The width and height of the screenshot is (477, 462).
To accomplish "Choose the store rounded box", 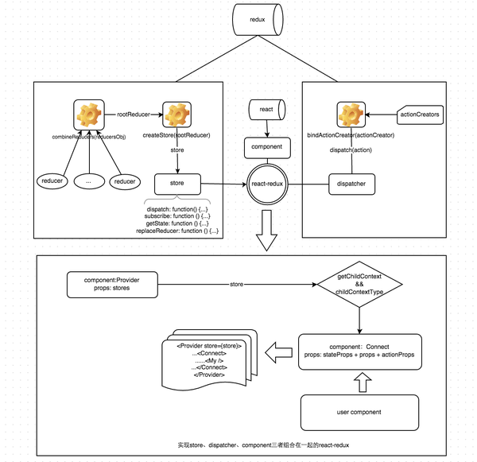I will coord(176,184).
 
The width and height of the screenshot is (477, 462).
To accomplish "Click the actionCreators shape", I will coord(418,115).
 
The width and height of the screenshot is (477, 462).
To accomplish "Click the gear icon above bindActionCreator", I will coord(350,115).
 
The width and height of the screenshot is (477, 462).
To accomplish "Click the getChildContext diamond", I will coord(362,284).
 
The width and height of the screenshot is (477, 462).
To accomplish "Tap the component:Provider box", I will coord(118,284).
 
